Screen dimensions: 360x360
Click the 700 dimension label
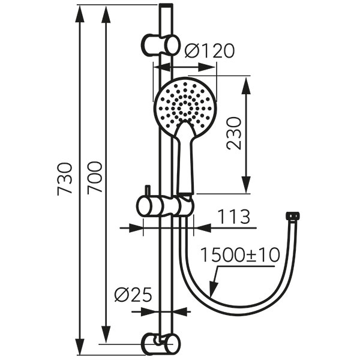click(94, 178)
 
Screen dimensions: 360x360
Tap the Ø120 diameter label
click(209, 51)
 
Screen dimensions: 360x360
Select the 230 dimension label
click(234, 133)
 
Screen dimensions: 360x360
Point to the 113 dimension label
click(233, 217)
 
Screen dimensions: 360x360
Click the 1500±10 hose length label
click(241, 255)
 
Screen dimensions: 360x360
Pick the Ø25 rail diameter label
click(133, 295)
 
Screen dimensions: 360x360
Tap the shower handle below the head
click(185, 158)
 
